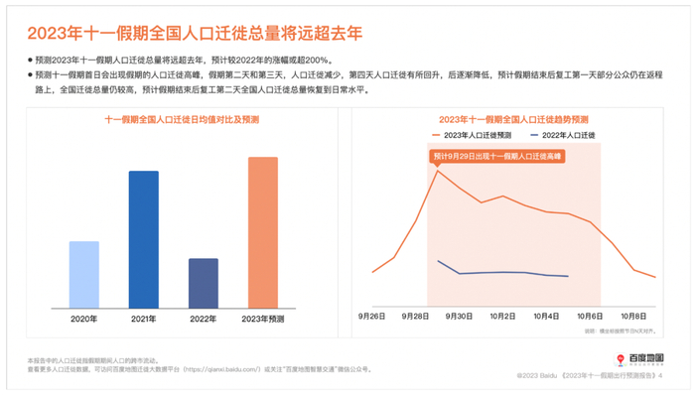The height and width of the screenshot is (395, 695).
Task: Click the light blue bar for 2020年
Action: [x=84, y=274]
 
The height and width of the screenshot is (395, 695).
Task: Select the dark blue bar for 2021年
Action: [x=144, y=239]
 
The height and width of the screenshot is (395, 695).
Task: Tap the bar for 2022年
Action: [x=204, y=283]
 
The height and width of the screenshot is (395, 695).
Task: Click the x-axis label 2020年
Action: [x=84, y=319]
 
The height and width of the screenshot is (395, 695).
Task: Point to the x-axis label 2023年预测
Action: [x=263, y=319]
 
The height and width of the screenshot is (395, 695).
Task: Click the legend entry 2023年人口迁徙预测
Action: [x=472, y=135]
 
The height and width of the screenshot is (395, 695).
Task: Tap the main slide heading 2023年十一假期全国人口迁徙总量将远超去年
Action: [x=195, y=33]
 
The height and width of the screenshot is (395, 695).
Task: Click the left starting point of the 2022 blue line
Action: [x=438, y=261]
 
